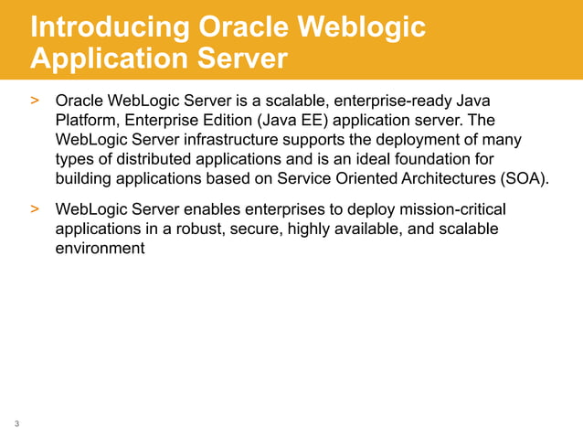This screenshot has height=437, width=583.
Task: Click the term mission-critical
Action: [x=450, y=209]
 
